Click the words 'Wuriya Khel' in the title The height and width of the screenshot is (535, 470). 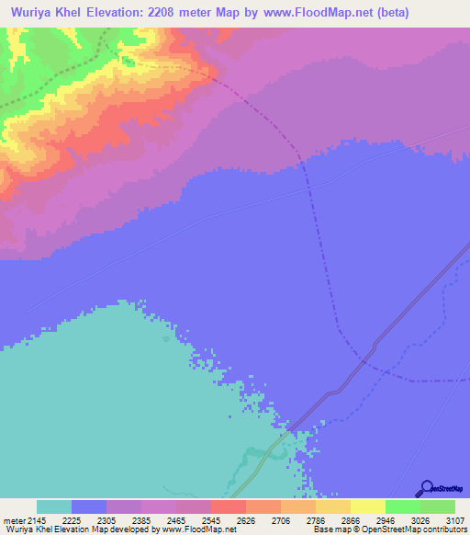tap(44, 13)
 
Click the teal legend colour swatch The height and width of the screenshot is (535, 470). tap(53, 507)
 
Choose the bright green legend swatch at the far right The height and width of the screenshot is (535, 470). tap(437, 507)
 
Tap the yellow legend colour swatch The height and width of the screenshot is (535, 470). tap(367, 507)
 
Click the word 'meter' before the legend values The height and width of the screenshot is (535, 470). tap(14, 520)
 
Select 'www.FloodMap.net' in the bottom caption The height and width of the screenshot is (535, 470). tap(196, 529)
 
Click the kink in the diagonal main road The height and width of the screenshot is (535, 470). tap(374, 346)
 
